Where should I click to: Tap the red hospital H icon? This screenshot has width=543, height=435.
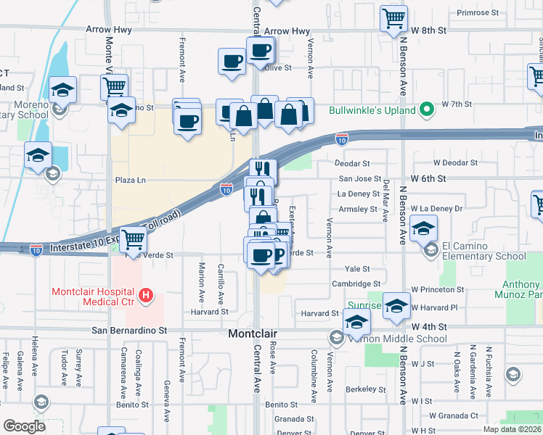pos(146,296)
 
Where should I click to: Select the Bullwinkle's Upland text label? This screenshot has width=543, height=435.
pos(372,111)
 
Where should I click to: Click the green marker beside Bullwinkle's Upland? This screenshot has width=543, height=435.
pos(428,111)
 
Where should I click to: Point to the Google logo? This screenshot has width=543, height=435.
pos(24,426)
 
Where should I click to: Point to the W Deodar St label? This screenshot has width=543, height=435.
pos(456,164)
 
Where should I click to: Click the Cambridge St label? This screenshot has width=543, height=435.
pos(356,284)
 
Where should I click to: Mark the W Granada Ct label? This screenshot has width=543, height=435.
pos(454,416)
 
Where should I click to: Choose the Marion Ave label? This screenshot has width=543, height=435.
pos(202,283)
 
